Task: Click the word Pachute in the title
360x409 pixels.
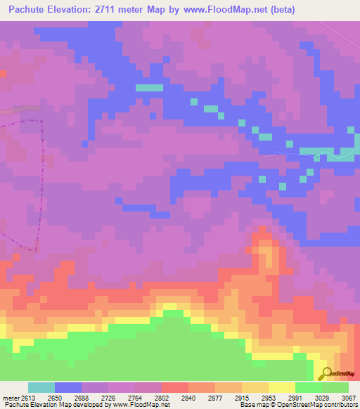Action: (x=30, y=9)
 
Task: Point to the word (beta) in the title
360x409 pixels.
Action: (x=279, y=9)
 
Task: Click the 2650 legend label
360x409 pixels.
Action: (x=55, y=397)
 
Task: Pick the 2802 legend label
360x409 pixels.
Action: (x=162, y=397)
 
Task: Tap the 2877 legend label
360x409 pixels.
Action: (x=215, y=397)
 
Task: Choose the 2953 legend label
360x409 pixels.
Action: (x=269, y=397)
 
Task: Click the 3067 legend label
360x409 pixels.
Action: (x=348, y=397)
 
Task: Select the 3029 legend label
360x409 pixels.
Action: (x=322, y=397)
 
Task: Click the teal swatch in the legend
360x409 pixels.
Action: (x=41, y=387)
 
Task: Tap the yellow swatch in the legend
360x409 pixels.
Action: (x=282, y=387)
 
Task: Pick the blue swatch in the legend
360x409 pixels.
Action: (x=68, y=387)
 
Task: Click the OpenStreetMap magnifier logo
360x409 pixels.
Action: (x=326, y=373)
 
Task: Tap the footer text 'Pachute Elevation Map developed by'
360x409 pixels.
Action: (x=49, y=405)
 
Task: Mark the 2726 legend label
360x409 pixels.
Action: (x=108, y=397)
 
